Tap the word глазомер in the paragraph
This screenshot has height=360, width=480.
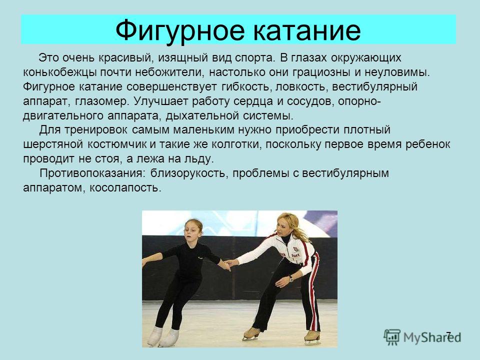tap(101, 101)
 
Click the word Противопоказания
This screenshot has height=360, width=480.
tap(91, 173)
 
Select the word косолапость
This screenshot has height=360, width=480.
tap(125, 187)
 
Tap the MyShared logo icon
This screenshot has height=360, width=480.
tap(392, 337)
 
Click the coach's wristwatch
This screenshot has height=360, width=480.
tap(290, 278)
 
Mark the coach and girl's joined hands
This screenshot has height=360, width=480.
tap(228, 264)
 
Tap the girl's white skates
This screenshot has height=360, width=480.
tap(163, 336)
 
